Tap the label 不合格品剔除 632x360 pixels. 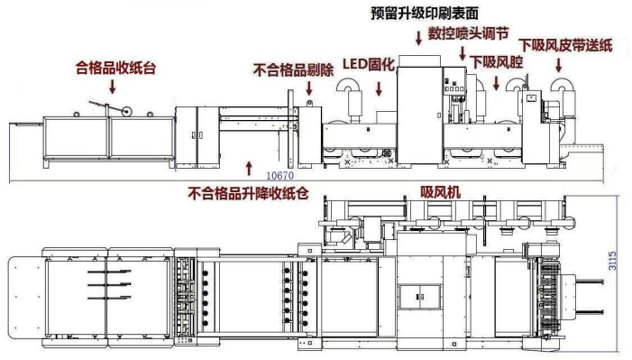click(x=294, y=69)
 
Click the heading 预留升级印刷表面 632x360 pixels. click(x=424, y=13)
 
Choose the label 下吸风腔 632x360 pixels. click(x=495, y=60)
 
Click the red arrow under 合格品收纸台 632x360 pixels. click(x=113, y=86)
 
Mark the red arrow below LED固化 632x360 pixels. click(x=379, y=88)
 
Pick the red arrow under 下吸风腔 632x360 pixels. click(x=495, y=82)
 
